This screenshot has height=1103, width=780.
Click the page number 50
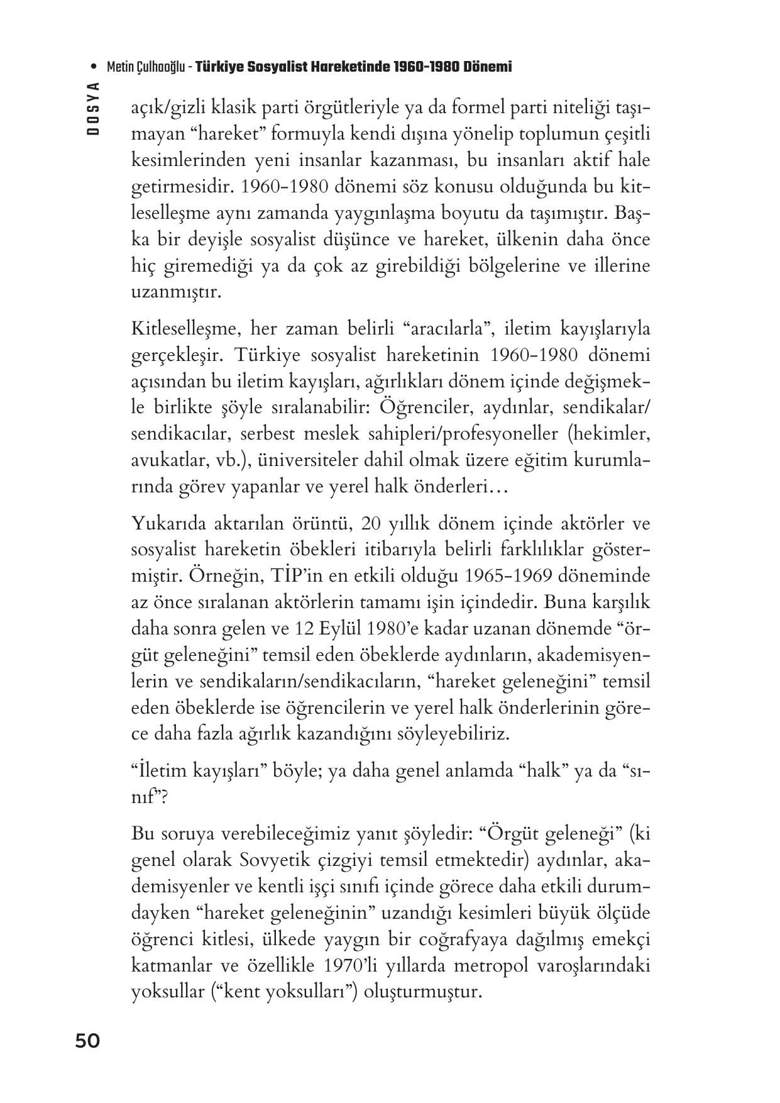coord(87,1041)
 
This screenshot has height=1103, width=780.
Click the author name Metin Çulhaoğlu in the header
coord(146,67)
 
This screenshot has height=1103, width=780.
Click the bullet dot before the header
coord(94,67)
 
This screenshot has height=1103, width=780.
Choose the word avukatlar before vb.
coord(165,460)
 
